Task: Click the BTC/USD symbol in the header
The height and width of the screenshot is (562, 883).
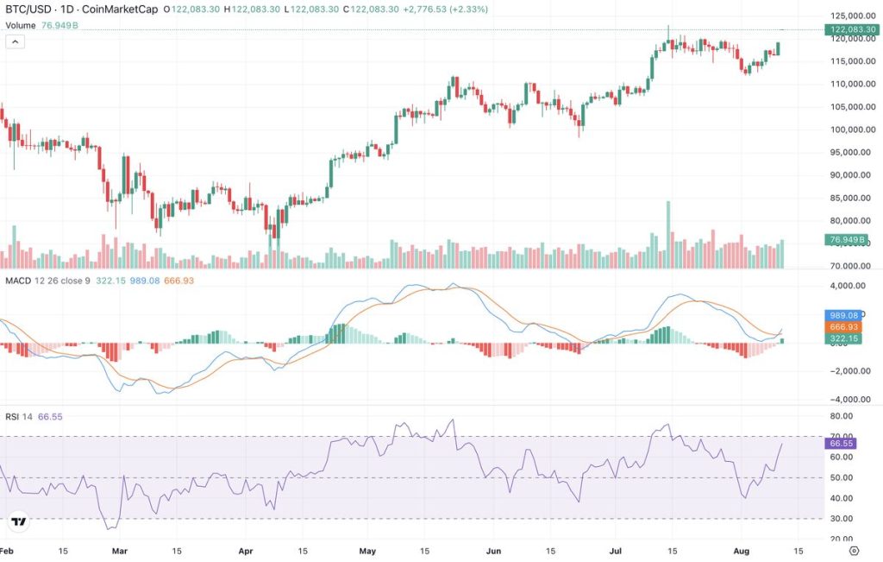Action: [x=27, y=9]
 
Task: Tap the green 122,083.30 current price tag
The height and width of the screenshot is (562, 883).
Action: [x=852, y=29]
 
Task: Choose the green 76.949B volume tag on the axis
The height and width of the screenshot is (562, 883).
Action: [x=847, y=240]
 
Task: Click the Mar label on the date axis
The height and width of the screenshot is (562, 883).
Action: [x=120, y=550]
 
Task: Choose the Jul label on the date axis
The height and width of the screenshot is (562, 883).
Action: [x=616, y=550]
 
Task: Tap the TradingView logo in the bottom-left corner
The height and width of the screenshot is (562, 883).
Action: [x=18, y=521]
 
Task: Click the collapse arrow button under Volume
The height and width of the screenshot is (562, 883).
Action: [x=15, y=42]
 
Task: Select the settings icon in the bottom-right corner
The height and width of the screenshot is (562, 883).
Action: [x=854, y=550]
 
